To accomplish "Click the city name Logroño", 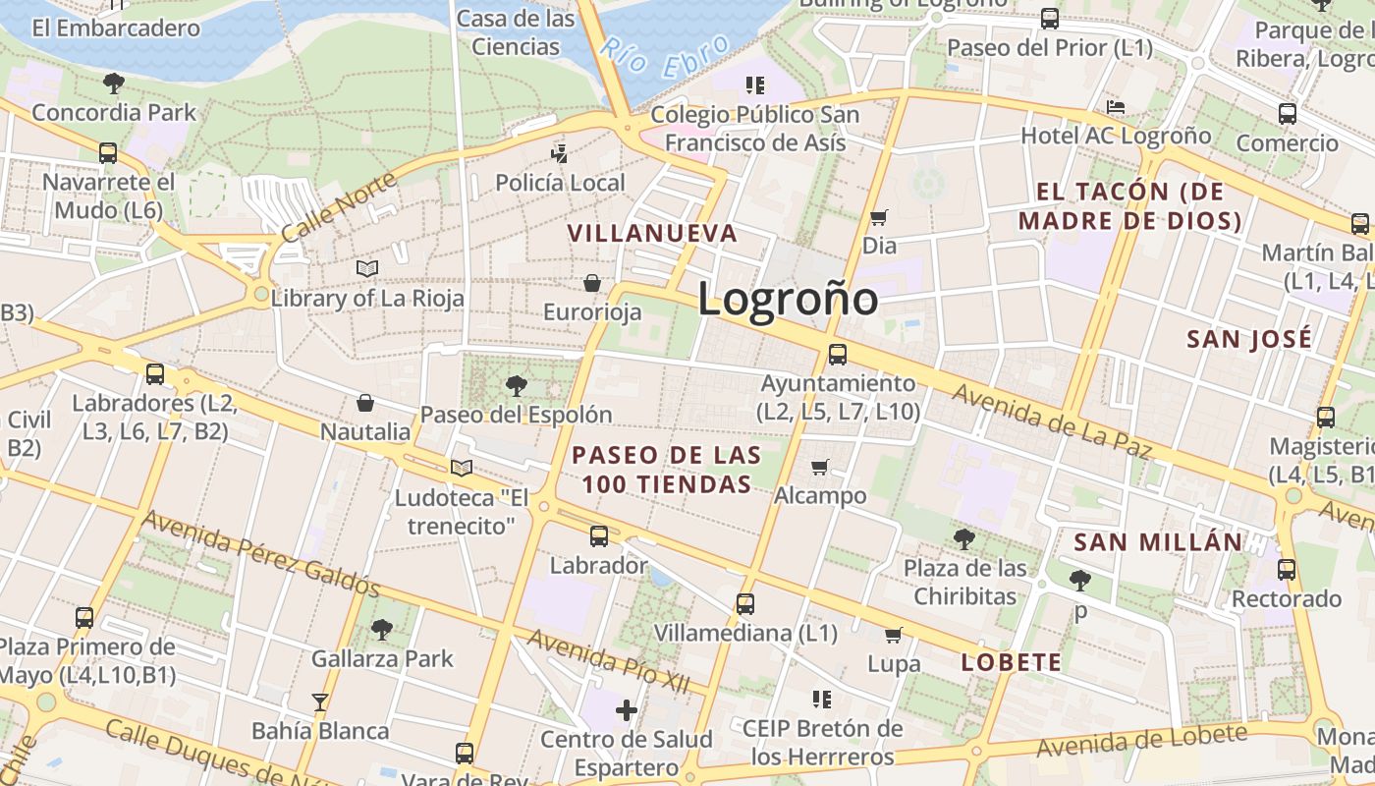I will pyautogui.click(x=788, y=299).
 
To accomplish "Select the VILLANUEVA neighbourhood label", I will pyautogui.click(x=652, y=233).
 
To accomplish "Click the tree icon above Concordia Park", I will pyautogui.click(x=114, y=84).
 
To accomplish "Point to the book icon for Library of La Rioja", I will pyautogui.click(x=367, y=268).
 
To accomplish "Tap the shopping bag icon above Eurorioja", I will pyautogui.click(x=592, y=284).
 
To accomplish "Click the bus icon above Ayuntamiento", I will pyautogui.click(x=838, y=355).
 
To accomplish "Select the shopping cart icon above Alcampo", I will pyautogui.click(x=820, y=467).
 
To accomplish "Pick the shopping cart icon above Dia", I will pyautogui.click(x=879, y=217).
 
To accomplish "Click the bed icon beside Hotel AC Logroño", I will pyautogui.click(x=1116, y=107).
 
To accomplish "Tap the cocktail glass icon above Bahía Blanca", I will pyautogui.click(x=320, y=702).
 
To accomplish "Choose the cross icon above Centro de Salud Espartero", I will pyautogui.click(x=627, y=709).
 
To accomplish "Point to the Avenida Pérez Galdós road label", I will pyautogui.click(x=261, y=553).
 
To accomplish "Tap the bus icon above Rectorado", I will pyautogui.click(x=1287, y=570).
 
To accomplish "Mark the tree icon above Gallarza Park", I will pyautogui.click(x=382, y=630).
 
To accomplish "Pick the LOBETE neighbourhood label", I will pyautogui.click(x=1011, y=662).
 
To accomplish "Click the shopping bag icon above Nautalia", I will pyautogui.click(x=365, y=403).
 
